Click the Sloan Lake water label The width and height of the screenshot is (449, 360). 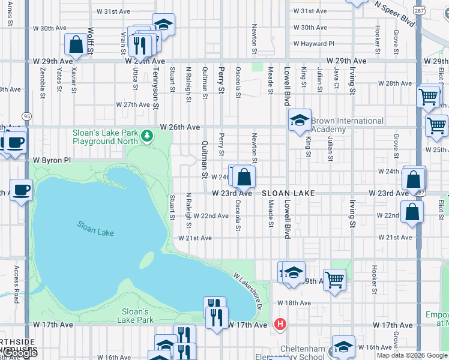point(95,229)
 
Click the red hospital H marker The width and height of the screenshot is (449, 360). point(279,325)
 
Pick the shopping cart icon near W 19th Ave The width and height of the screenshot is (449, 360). point(334,279)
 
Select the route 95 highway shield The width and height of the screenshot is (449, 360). point(26,115)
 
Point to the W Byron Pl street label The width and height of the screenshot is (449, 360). point(52,160)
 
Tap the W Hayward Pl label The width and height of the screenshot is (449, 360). point(313,44)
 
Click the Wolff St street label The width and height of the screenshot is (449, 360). point(91,40)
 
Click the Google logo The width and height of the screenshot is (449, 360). point(20,353)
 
